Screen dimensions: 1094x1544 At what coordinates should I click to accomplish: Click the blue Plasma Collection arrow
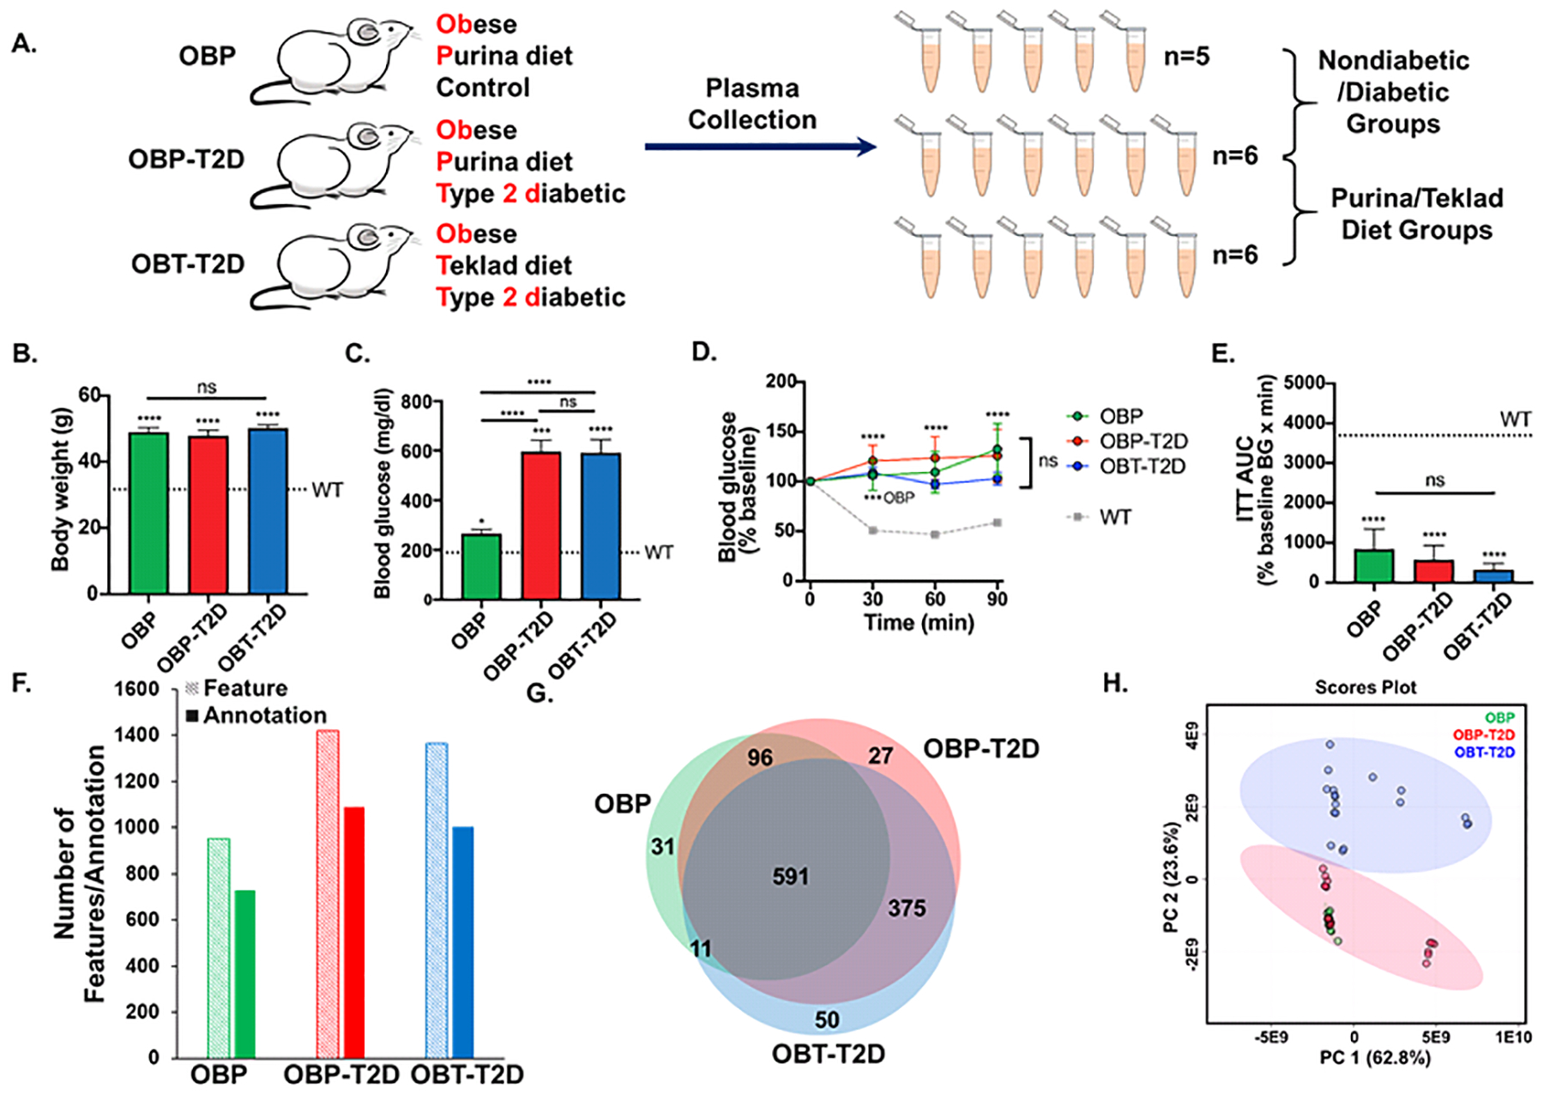(759, 147)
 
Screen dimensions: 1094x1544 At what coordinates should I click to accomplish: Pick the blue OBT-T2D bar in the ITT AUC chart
(1493, 576)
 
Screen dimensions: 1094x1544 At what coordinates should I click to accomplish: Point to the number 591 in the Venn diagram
(790, 876)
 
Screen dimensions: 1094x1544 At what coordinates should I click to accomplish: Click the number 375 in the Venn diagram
(907, 908)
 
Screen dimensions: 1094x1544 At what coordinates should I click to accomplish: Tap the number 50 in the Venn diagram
(827, 1019)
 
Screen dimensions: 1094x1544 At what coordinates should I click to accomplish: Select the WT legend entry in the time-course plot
(1115, 517)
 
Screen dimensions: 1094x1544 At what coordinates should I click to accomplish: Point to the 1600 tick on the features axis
(136, 689)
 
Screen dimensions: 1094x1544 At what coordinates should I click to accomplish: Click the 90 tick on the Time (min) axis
(997, 599)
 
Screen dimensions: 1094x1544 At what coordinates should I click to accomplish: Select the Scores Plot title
(1366, 687)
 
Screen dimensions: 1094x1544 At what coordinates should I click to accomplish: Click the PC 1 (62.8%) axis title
(1375, 1058)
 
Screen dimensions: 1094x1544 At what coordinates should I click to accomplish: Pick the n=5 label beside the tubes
(1186, 57)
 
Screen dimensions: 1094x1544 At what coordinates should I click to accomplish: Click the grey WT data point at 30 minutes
(872, 530)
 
